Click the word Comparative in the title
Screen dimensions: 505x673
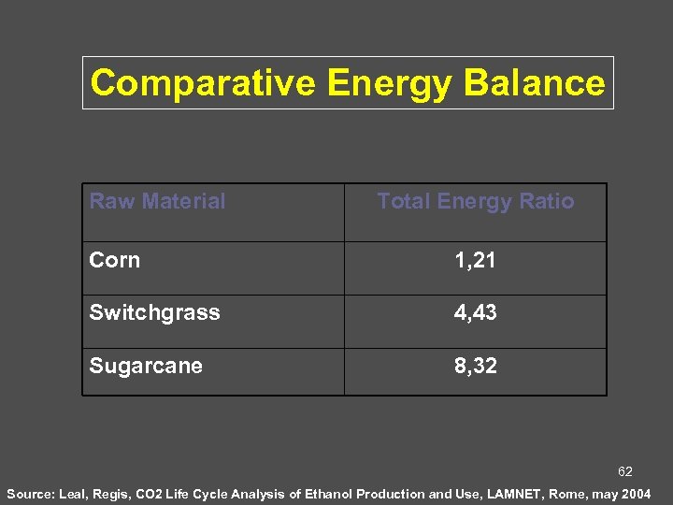click(x=203, y=83)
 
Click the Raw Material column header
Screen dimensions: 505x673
click(x=157, y=201)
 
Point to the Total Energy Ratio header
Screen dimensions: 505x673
click(x=475, y=201)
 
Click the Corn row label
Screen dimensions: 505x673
click(x=114, y=260)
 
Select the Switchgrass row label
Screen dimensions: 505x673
click(x=154, y=312)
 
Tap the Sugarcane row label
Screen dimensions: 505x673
click(x=146, y=366)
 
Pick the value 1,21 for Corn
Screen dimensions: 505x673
click(x=475, y=261)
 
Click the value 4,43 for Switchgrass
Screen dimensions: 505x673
click(x=475, y=313)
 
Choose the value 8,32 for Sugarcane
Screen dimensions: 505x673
click(x=475, y=366)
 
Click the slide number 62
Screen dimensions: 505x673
click(x=624, y=472)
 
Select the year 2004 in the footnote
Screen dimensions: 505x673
click(x=636, y=493)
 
